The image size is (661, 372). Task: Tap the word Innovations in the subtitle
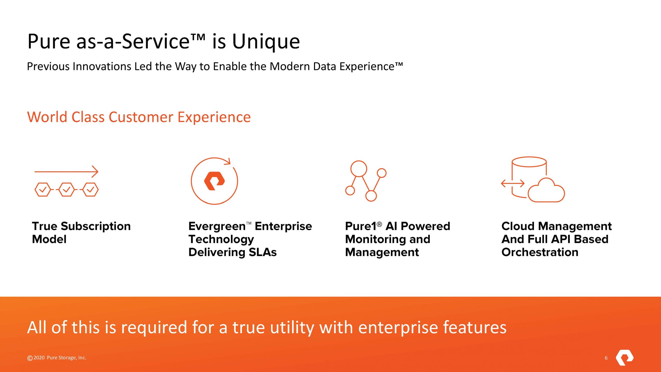(102, 66)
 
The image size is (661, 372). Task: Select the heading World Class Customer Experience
(139, 117)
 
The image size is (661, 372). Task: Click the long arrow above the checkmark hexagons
(66, 172)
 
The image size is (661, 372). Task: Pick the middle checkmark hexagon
(67, 190)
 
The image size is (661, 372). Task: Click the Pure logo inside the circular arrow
(214, 181)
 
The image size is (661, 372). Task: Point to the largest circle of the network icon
(359, 169)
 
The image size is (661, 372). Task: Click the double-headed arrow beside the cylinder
(513, 183)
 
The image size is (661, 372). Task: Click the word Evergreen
(217, 227)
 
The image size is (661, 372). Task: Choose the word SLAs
(263, 252)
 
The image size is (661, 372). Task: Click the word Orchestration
(540, 252)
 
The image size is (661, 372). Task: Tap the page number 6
(606, 358)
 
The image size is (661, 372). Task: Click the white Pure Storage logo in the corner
(625, 358)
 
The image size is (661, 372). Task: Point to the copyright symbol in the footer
(30, 358)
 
